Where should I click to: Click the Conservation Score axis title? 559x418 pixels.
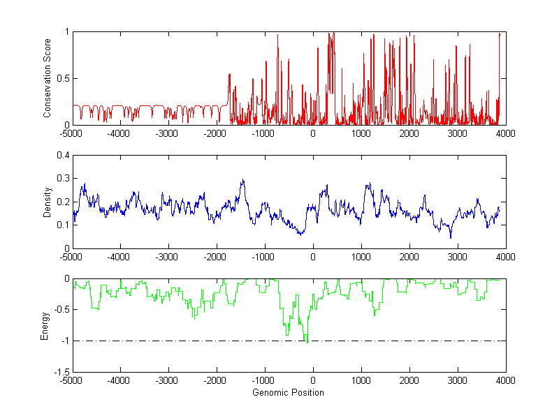48,78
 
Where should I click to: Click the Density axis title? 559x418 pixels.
48,202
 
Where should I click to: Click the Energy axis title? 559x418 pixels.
45,325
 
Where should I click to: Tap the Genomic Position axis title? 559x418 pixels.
289,392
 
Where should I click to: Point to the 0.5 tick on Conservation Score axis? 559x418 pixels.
62,78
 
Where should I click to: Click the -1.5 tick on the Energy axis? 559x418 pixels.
61,372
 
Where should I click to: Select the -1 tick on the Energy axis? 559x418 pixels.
64,341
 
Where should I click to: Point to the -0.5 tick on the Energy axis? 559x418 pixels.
61,310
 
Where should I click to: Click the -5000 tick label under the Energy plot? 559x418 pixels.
72,381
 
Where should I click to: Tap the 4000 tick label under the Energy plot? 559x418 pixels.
506,381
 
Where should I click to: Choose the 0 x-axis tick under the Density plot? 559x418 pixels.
313,257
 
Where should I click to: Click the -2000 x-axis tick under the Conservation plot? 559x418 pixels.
217,133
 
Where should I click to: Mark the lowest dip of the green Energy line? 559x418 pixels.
307,343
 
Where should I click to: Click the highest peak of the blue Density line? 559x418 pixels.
243,180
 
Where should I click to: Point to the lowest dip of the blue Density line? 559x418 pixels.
451,238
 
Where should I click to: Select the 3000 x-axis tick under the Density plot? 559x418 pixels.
458,257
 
